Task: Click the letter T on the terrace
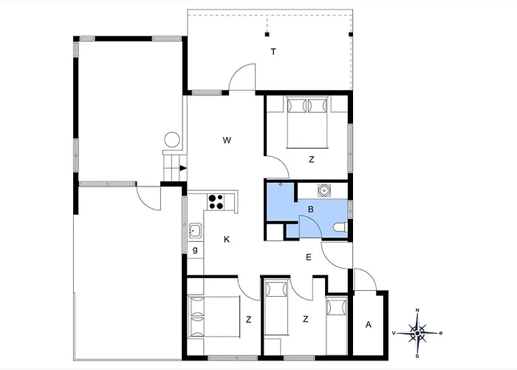(273, 52)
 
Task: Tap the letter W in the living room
(227, 141)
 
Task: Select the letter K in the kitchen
(227, 240)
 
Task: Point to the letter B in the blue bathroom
(311, 209)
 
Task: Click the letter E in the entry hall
(309, 258)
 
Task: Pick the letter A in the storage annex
(369, 325)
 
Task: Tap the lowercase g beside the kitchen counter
(195, 250)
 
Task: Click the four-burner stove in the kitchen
(216, 201)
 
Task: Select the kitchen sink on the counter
(195, 230)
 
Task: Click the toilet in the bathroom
(340, 228)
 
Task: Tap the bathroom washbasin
(323, 191)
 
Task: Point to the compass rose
(417, 333)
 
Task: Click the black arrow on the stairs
(183, 168)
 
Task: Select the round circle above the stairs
(172, 140)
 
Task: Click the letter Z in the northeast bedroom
(311, 160)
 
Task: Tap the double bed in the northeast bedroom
(307, 122)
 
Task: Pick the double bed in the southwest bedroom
(213, 317)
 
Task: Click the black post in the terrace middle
(267, 34)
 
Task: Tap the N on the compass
(417, 310)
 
